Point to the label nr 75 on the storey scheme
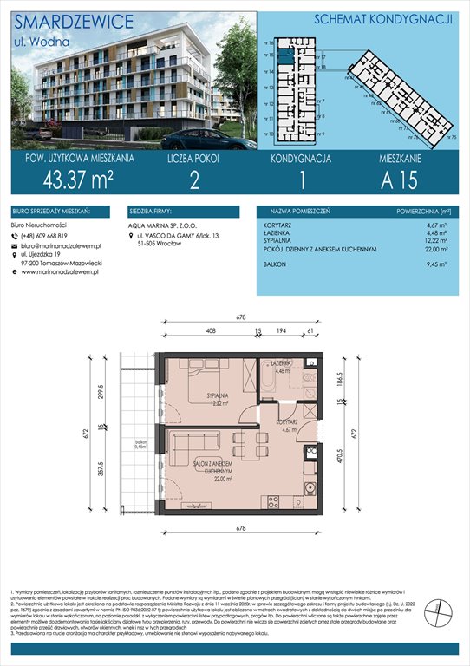point(451,138)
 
